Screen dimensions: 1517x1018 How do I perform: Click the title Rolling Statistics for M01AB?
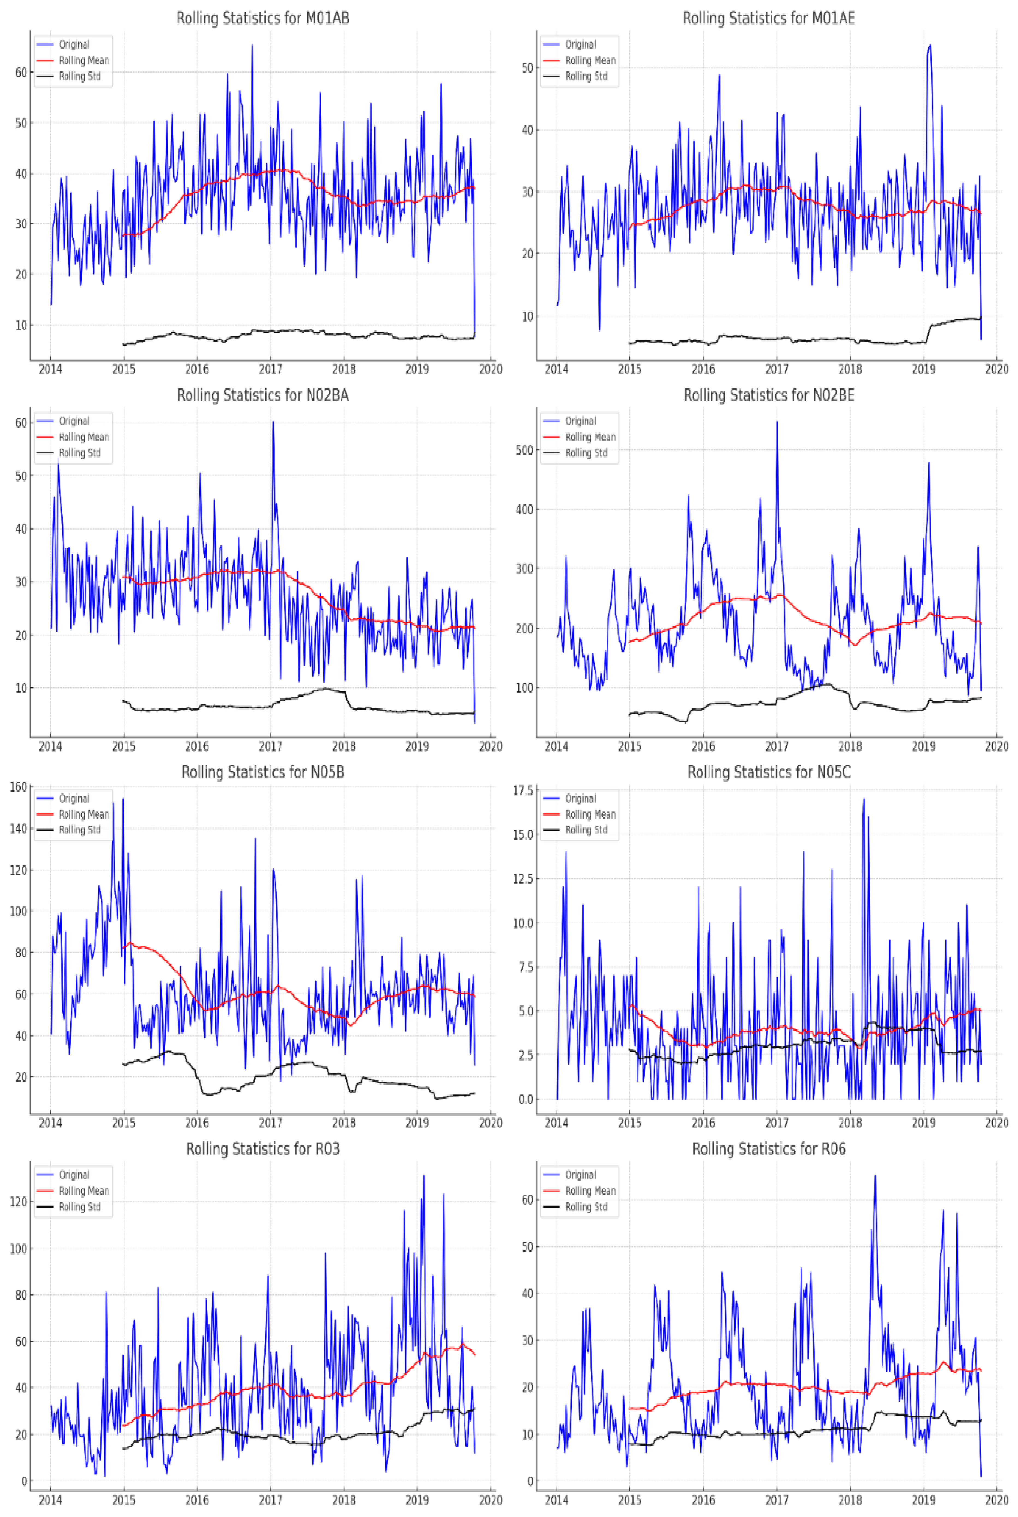pos(263,18)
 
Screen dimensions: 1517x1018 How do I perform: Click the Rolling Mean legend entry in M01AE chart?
pos(590,60)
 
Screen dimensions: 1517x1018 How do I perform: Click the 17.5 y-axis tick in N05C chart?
pos(523,790)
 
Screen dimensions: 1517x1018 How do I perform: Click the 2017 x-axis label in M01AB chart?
pos(271,369)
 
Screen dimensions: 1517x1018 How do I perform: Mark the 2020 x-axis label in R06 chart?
pos(996,1500)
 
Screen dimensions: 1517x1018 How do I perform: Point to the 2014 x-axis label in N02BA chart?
pos(51,746)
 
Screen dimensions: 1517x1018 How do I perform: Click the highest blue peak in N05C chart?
pos(864,799)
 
